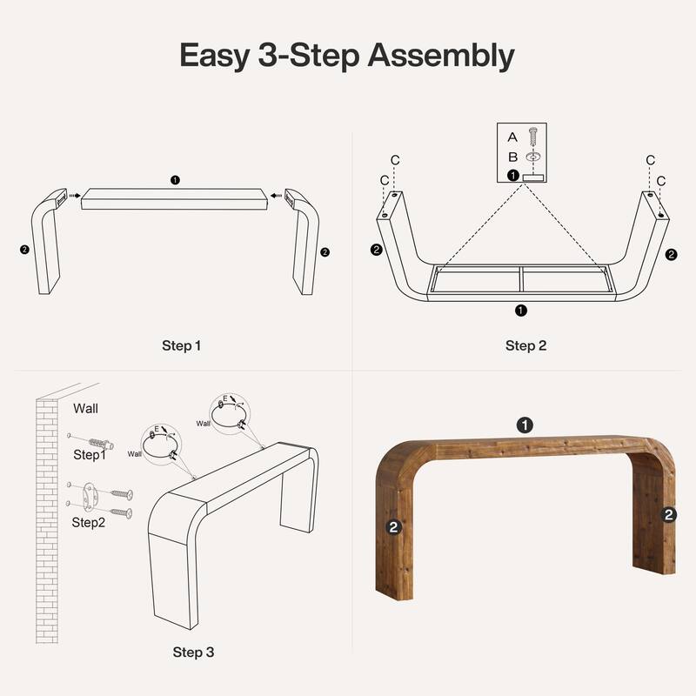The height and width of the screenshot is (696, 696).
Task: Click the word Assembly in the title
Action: (x=440, y=57)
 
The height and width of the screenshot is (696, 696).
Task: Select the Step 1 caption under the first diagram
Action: (x=181, y=345)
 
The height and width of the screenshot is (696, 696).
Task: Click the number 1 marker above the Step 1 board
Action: (x=176, y=180)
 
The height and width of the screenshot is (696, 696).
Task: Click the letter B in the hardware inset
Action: (x=512, y=157)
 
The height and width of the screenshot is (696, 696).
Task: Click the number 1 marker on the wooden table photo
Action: (x=525, y=425)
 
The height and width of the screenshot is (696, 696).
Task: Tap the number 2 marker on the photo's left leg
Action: (x=394, y=526)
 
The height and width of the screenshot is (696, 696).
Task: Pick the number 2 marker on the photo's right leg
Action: (x=669, y=515)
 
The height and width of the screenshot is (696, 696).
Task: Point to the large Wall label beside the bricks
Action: (x=85, y=407)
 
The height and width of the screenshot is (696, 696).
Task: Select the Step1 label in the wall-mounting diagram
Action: (x=89, y=454)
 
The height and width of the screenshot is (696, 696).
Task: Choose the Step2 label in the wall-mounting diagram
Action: (x=89, y=522)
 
